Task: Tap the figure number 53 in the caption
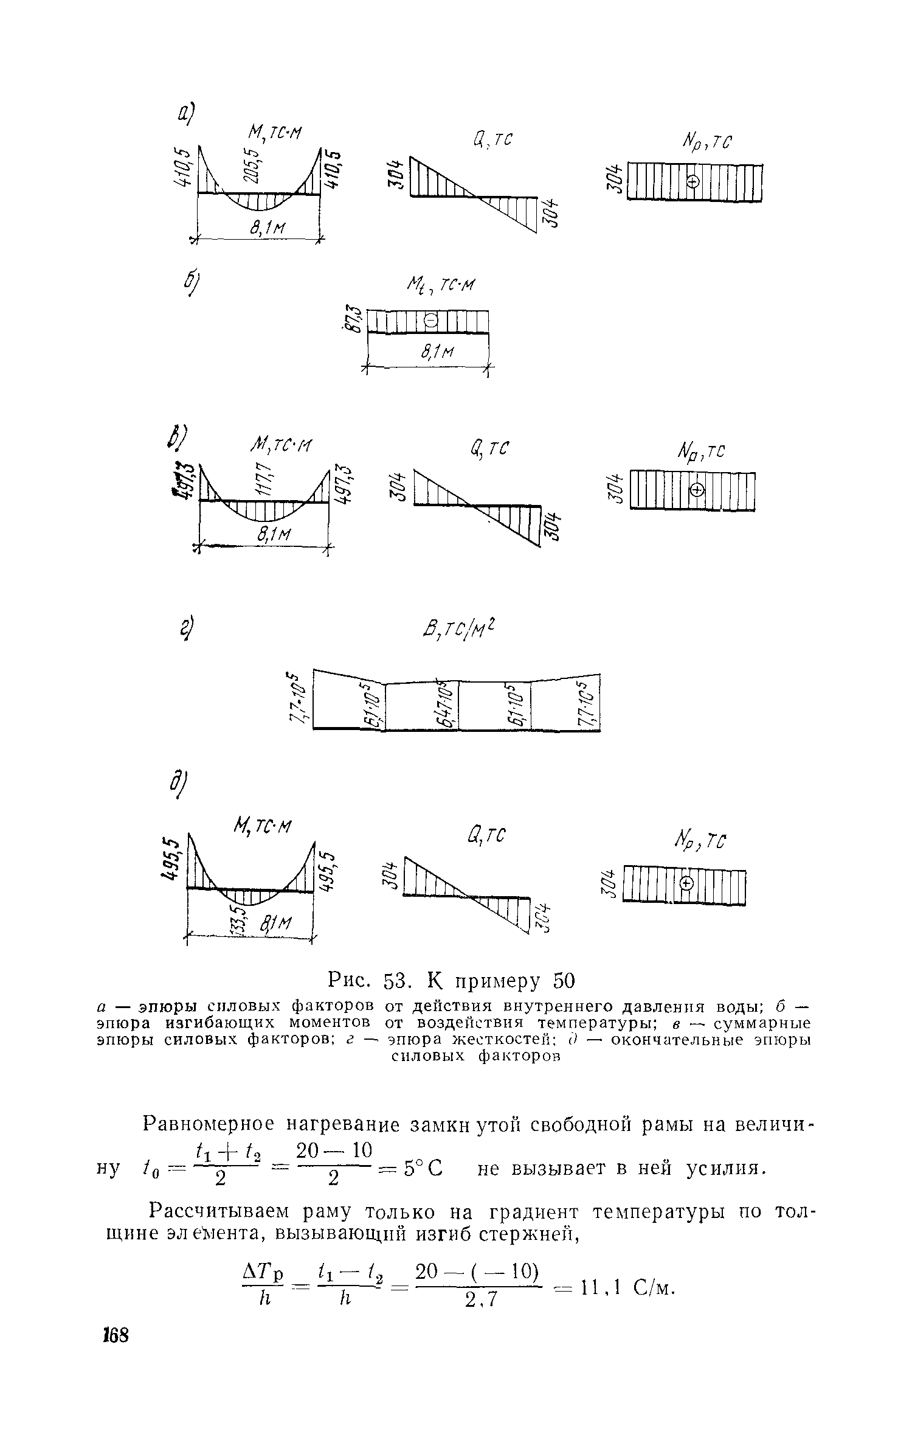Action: (401, 981)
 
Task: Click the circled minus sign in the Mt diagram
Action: (430, 320)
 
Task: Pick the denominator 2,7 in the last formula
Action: (482, 1300)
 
